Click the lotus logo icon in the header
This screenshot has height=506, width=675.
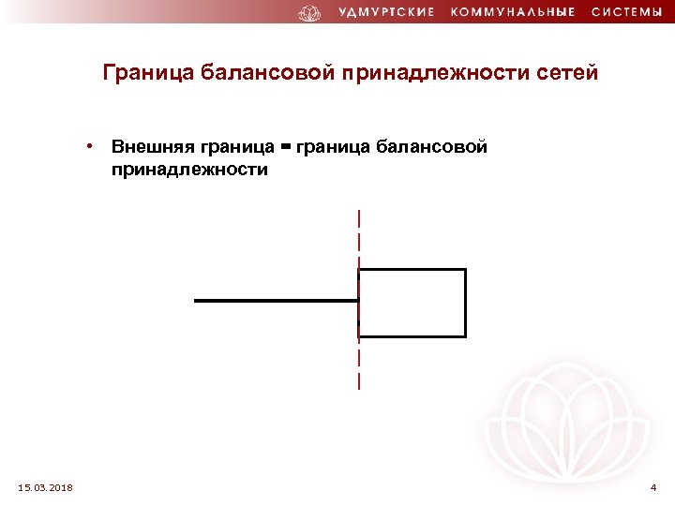[x=308, y=13]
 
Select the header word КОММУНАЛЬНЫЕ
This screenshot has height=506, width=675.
[x=513, y=13]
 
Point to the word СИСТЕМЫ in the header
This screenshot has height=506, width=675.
[x=626, y=13]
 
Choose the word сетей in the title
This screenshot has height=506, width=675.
[x=564, y=73]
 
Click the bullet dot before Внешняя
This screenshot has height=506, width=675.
[x=86, y=146]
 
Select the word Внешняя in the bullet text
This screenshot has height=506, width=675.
[x=152, y=147]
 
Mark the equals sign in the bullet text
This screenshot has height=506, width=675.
[x=284, y=148]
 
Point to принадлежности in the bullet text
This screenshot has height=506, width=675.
[x=189, y=171]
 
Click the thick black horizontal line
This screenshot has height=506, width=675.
[x=272, y=301]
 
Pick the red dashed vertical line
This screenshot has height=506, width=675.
[x=359, y=234]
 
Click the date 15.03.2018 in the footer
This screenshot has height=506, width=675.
[x=46, y=487]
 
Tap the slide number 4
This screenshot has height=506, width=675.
[x=653, y=487]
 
